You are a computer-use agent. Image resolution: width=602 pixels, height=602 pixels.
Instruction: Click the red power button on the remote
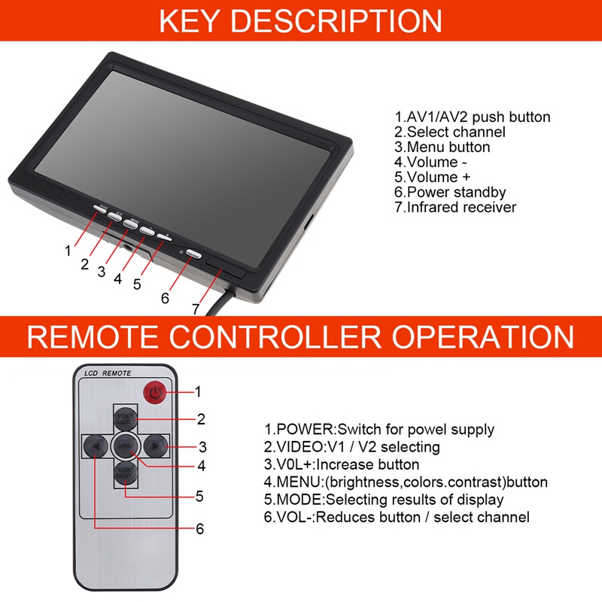154,391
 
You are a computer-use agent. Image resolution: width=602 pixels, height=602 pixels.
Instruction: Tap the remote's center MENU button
125,445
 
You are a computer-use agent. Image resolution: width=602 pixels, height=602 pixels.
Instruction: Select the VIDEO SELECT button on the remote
125,418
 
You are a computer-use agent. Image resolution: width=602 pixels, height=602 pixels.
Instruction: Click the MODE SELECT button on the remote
125,473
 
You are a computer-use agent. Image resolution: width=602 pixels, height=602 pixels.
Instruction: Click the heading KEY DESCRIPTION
300,20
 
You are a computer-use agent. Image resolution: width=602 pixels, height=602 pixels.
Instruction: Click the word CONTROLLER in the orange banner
300,336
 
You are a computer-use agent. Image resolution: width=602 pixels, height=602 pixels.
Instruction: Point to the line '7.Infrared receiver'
455,208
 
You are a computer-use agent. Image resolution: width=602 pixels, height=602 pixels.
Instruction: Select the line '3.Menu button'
442,147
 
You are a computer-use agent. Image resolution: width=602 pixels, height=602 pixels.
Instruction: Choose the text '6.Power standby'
450,193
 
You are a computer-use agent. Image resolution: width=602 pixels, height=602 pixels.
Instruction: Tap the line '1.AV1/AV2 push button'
472,117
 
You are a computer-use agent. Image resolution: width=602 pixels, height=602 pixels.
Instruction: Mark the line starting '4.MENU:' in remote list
406,482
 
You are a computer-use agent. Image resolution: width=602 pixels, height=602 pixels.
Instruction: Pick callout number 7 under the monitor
196,309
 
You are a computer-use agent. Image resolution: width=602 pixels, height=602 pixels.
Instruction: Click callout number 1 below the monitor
68,251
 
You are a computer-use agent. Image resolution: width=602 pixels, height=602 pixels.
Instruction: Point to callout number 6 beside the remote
199,529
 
